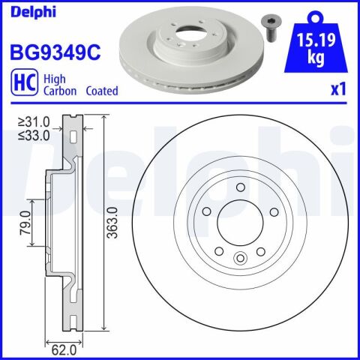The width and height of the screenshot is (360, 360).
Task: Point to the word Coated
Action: click(101, 91)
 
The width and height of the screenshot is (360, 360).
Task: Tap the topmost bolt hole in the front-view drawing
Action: click(240, 188)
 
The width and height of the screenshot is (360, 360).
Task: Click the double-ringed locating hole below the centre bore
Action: click(241, 259)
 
